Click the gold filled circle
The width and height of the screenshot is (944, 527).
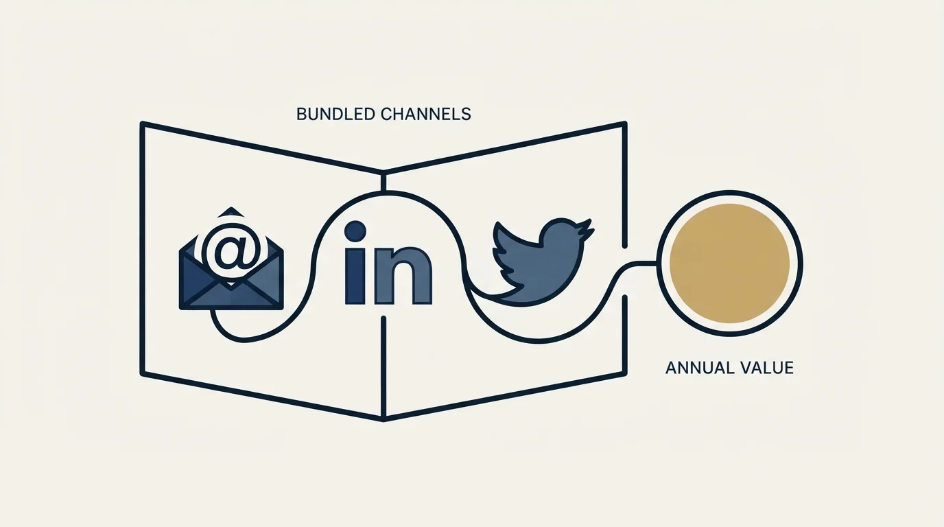tap(729, 264)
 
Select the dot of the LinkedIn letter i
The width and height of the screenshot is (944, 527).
tap(355, 232)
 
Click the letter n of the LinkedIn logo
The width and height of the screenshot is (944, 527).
tap(403, 276)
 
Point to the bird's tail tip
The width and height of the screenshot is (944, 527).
tap(476, 289)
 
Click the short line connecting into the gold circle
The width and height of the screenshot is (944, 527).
tap(641, 263)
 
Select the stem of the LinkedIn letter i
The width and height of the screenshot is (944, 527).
tap(355, 276)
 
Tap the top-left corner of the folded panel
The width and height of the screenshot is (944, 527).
tap(143, 124)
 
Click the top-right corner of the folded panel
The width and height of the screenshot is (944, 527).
tap(624, 124)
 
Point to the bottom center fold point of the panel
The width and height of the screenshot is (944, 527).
tap(383, 419)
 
